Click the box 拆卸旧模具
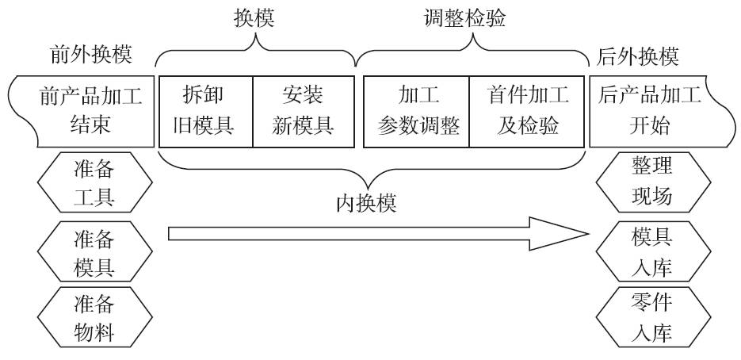point(206,111)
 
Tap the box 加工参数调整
point(417,111)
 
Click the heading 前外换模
point(90,56)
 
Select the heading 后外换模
point(638,56)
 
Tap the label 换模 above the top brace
point(254,20)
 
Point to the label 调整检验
point(465,20)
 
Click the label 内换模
point(365,205)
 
